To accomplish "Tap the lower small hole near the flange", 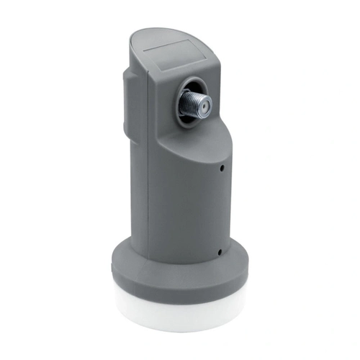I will pos(219,251).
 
